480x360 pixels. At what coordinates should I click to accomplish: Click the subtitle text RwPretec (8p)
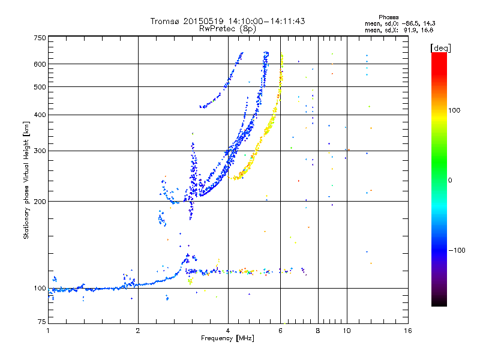(x=227, y=29)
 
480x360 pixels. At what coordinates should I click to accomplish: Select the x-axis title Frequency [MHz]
(x=227, y=338)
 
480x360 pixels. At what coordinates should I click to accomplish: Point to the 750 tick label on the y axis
(x=40, y=38)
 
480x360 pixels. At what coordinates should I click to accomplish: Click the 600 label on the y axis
(x=40, y=64)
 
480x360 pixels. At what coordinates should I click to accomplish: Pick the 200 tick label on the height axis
(x=40, y=202)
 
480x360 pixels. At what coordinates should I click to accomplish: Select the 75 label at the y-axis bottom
(x=42, y=322)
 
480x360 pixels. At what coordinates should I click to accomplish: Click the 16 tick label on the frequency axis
(x=408, y=331)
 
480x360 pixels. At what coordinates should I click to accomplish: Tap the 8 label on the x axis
(x=318, y=331)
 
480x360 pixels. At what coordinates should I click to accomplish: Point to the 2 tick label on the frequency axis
(x=138, y=331)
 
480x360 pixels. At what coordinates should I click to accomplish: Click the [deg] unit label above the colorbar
(x=440, y=48)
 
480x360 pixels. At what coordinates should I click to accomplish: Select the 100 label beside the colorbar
(x=454, y=110)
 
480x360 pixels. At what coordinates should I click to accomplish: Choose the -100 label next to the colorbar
(x=457, y=250)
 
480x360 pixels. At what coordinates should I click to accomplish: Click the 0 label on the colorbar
(x=450, y=181)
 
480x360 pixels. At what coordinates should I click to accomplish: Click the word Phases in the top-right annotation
(x=388, y=17)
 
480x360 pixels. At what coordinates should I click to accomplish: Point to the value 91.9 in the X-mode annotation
(x=410, y=31)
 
